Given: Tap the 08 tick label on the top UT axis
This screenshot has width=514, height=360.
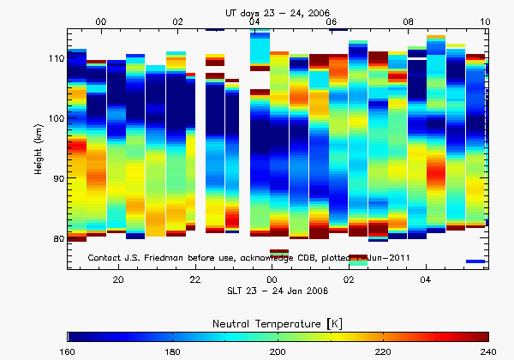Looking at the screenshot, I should point(409,21).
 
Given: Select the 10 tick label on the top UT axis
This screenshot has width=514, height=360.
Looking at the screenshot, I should point(485,21).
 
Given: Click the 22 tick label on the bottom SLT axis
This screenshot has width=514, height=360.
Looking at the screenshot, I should point(195,279).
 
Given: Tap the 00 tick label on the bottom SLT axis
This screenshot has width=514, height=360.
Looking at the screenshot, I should point(272,279).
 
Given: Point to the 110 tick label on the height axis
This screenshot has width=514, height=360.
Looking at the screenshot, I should point(56,58).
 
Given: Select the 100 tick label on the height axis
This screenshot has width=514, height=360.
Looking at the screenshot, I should point(56,118).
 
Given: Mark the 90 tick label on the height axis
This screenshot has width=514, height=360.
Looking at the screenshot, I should point(58,178).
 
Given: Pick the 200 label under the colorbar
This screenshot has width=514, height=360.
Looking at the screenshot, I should point(278,351).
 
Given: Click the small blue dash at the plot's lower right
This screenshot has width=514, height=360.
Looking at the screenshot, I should point(475,261).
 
